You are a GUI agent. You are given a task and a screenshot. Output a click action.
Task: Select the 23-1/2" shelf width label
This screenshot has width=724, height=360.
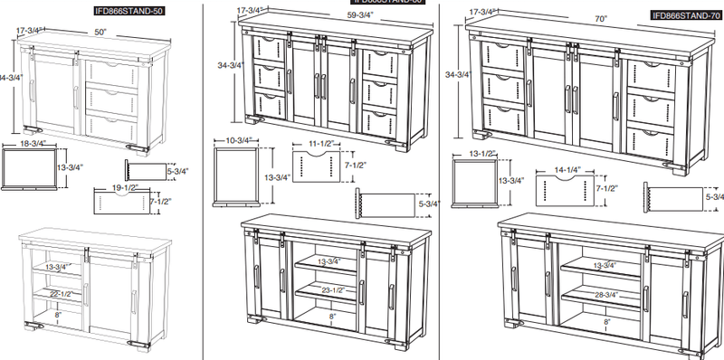334,289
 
